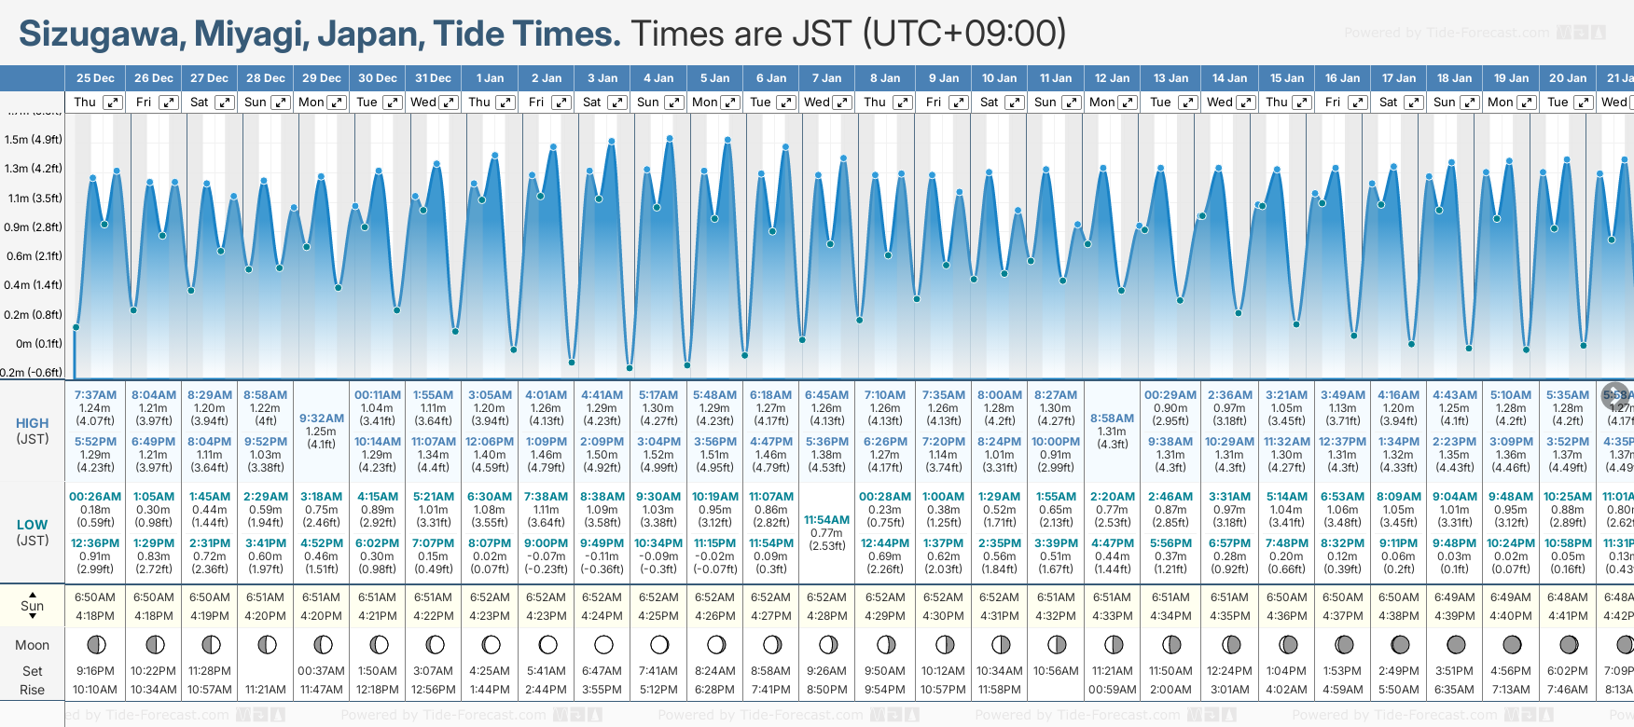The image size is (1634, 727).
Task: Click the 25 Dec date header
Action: pos(95,78)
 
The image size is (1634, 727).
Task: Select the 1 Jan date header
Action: pos(490,78)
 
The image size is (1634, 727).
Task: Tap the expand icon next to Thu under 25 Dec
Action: pos(113,103)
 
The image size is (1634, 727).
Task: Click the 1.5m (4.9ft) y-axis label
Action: pos(34,140)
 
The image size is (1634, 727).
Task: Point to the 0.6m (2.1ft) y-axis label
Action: pos(34,256)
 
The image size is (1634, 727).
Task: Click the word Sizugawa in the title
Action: pos(99,34)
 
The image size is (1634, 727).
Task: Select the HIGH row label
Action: pos(33,423)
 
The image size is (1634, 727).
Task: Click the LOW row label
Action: pos(33,525)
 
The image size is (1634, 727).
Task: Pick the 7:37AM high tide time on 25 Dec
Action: pos(95,395)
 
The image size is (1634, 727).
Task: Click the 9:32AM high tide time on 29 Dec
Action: pos(322,418)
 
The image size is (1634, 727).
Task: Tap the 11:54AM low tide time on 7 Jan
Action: pos(826,520)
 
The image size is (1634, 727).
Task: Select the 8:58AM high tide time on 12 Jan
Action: pos(1113,418)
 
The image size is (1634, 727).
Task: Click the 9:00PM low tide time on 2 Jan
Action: pos(546,543)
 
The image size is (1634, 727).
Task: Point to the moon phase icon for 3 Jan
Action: pos(603,645)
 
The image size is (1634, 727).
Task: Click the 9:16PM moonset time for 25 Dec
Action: pos(95,671)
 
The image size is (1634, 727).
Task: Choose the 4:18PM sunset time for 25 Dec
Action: pos(95,616)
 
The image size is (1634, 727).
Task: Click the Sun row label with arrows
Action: pos(33,606)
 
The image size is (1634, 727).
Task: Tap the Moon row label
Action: pos(33,645)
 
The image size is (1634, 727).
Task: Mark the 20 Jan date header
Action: pos(1568,78)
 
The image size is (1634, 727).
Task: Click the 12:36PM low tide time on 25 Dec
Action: pos(95,543)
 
